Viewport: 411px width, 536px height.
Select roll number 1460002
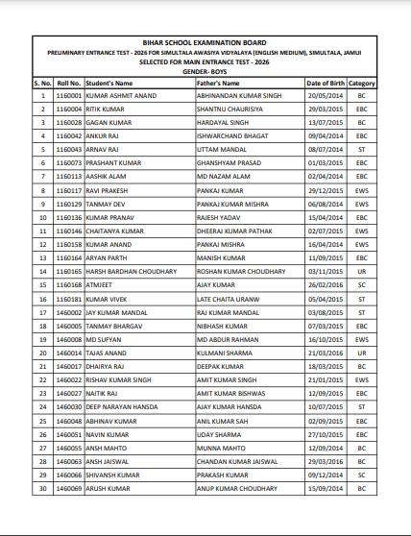69,312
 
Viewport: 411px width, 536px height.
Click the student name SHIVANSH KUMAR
113,474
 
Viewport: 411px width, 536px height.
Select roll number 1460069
69,487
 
